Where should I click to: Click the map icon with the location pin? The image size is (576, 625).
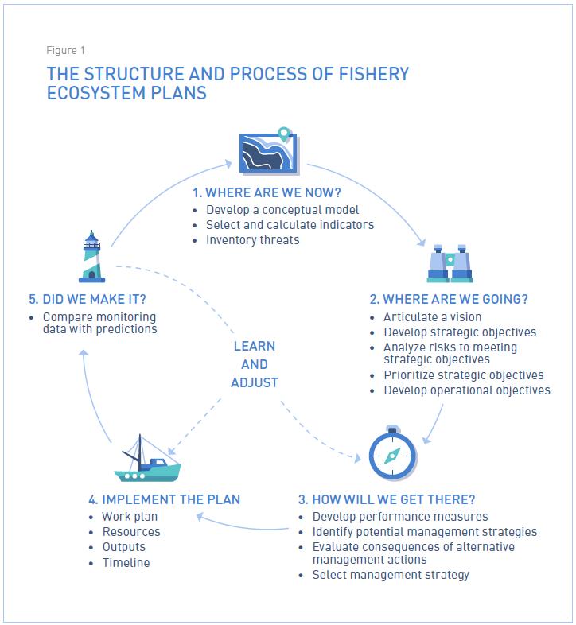pos(268,151)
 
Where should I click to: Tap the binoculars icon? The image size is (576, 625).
pos(450,264)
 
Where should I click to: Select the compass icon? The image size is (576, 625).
pos(392,453)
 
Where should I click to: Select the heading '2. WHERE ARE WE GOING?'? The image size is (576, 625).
pos(449,299)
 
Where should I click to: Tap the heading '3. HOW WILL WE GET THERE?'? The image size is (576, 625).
pos(387,499)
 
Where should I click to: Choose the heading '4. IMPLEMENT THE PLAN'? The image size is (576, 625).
pos(165,499)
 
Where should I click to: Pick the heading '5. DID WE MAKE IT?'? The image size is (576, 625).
pos(92,299)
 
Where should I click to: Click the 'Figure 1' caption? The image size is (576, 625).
pos(67,51)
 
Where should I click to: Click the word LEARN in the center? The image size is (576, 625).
pos(255,347)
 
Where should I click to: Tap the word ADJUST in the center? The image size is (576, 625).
pos(255,382)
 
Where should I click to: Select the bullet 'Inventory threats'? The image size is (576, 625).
pos(253,239)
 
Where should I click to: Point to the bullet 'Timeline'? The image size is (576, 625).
pos(126,562)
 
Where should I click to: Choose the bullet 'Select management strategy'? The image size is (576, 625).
pos(391,574)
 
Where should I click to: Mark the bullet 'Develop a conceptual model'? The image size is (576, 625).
pos(282,210)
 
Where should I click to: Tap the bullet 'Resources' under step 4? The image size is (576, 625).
pos(131,531)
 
